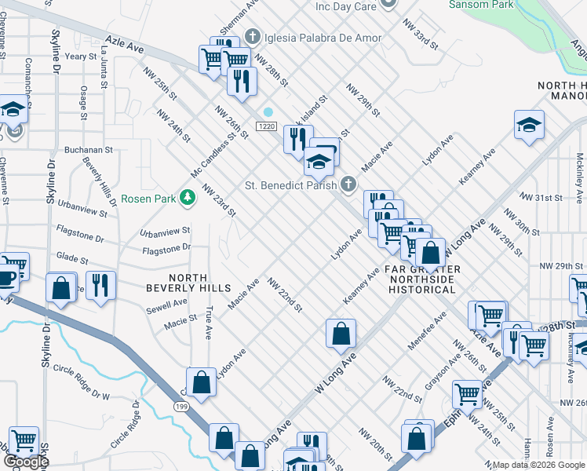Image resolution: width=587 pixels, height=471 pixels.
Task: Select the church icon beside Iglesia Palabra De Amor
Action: click(253, 37)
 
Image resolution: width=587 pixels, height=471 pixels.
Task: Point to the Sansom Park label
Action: click(480, 5)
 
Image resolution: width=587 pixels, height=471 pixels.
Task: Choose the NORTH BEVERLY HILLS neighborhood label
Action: click(177, 283)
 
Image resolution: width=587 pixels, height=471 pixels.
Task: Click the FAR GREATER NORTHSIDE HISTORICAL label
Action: click(424, 279)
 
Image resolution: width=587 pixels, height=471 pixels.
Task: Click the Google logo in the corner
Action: click(26, 462)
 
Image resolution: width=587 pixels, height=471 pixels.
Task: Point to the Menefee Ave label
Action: click(427, 330)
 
